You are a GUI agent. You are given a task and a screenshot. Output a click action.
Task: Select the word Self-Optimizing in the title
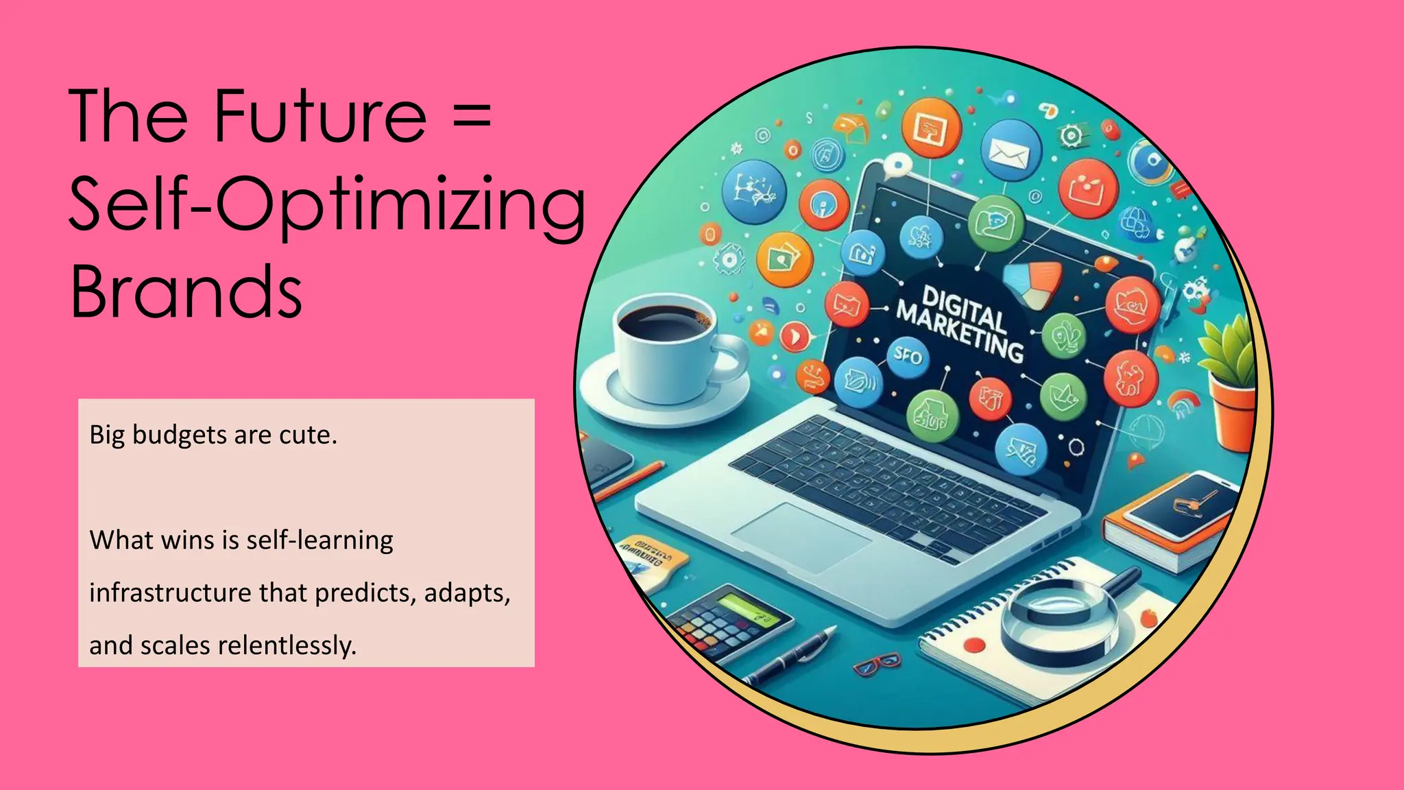327,204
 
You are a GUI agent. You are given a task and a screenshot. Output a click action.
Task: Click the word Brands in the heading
186,291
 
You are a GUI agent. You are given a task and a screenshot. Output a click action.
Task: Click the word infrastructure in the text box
170,592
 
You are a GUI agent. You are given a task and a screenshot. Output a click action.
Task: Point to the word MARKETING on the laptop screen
960,332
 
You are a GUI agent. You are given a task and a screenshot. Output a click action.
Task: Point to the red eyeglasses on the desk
877,665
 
